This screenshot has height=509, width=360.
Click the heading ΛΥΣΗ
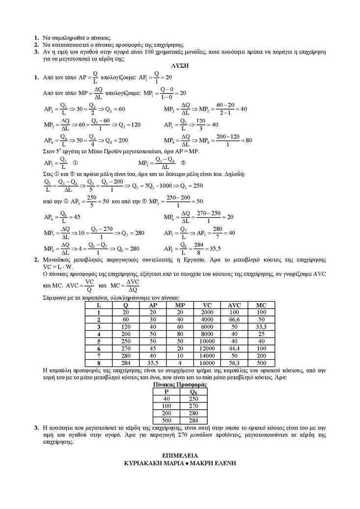(180, 65)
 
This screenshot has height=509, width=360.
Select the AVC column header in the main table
(234, 305)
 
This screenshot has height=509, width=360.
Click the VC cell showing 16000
(206, 363)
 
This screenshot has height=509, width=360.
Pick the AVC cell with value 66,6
(234, 319)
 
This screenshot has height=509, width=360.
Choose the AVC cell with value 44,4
(234, 348)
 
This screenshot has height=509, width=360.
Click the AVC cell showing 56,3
(234, 363)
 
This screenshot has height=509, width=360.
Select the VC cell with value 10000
(206, 341)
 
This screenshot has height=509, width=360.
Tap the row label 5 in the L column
(99, 341)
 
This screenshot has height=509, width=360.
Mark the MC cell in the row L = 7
(261, 355)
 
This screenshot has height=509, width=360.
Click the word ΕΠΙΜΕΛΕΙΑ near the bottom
(180, 455)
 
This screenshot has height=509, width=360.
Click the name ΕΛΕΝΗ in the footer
(222, 463)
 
